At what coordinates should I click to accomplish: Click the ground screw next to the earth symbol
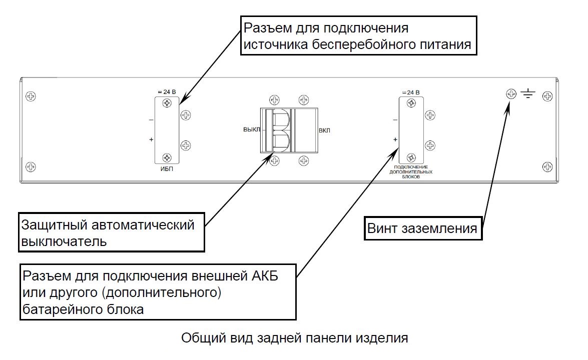pos(511,94)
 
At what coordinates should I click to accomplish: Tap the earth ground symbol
pos(528,93)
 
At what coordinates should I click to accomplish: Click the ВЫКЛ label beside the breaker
pos(251,129)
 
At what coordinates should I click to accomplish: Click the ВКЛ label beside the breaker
pos(324,130)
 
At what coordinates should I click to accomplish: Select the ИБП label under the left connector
pos(166,170)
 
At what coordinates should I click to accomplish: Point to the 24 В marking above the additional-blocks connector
pos(411,92)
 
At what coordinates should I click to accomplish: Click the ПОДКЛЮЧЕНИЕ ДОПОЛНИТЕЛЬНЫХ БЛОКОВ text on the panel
pos(410,172)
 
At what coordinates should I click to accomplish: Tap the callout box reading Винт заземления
pos(423,229)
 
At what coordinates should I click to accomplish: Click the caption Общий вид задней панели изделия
pos(294,338)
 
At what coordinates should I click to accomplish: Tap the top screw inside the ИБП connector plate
pos(166,103)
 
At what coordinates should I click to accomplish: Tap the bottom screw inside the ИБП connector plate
pos(166,158)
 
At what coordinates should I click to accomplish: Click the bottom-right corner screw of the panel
pos(547,166)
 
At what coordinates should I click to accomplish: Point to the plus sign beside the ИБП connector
pos(151,139)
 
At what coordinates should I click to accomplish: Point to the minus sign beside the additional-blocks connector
pos(395,120)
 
